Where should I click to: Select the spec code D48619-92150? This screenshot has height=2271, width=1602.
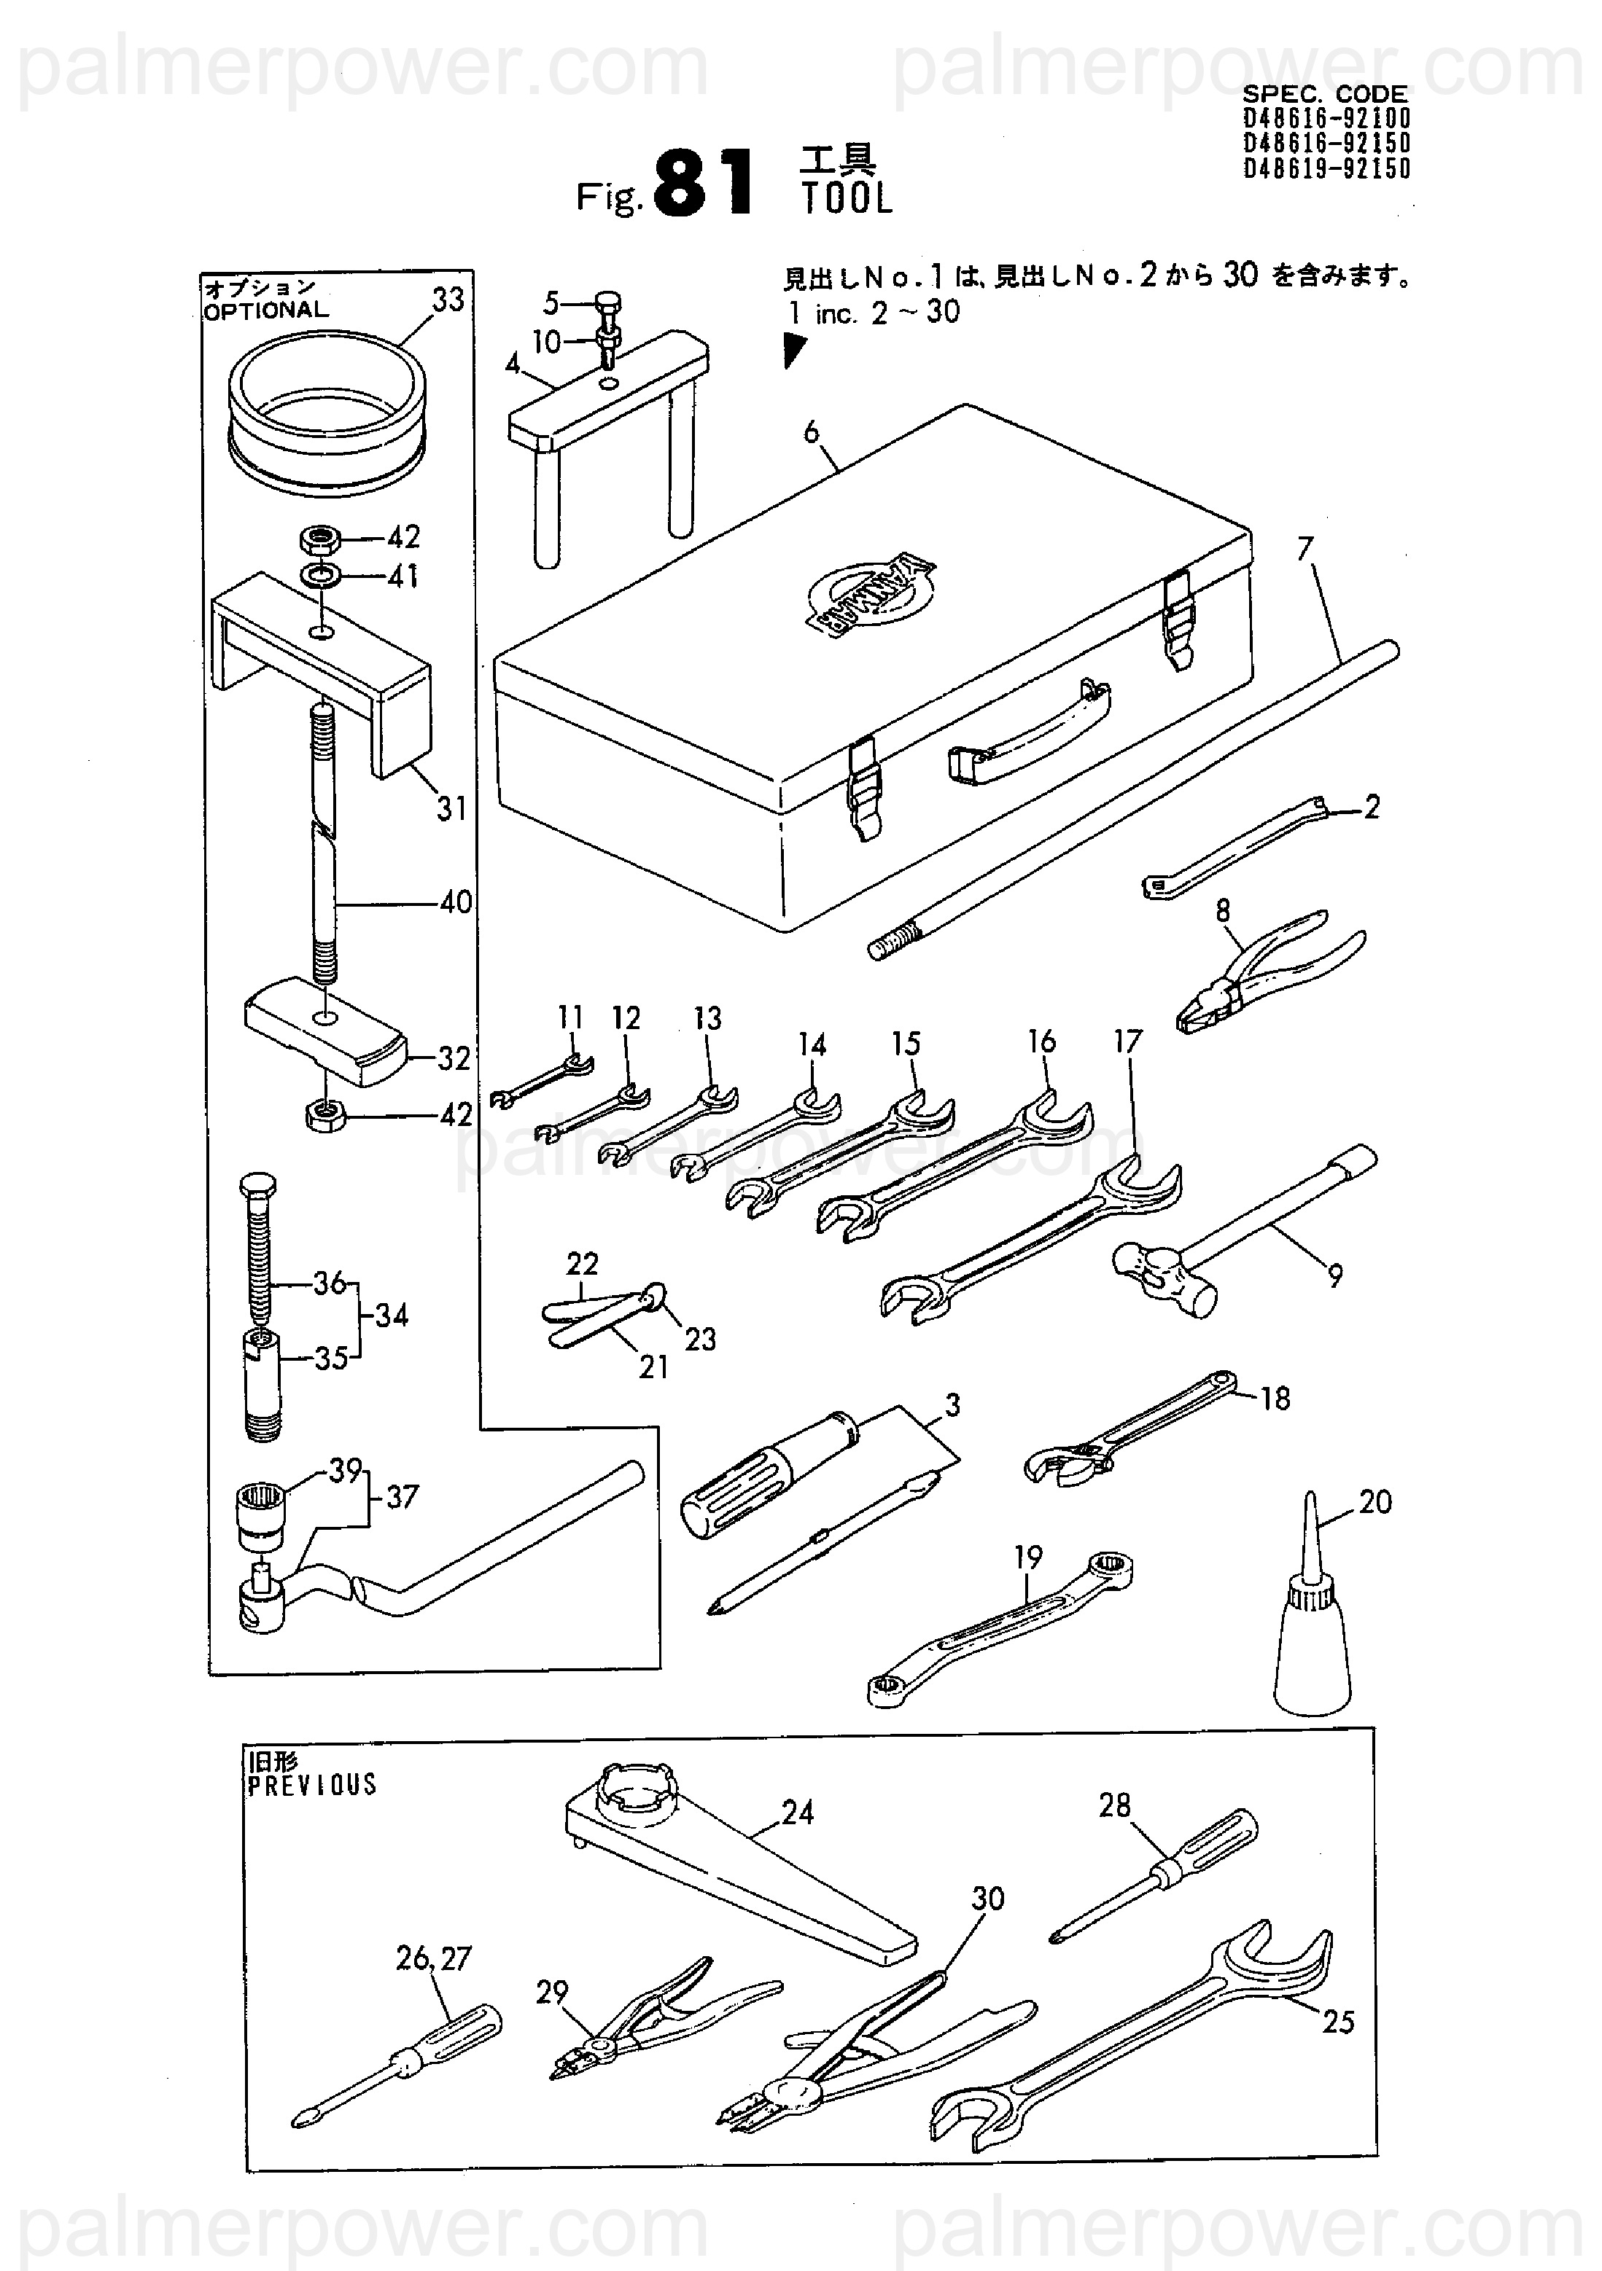coord(1327,169)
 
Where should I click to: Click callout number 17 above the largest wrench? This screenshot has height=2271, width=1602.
coord(1128,1041)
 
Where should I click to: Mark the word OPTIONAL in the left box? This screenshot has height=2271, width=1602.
coord(265,310)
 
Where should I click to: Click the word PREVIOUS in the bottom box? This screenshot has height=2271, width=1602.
coord(311,1786)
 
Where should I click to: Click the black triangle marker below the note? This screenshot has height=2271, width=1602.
coord(793,349)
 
